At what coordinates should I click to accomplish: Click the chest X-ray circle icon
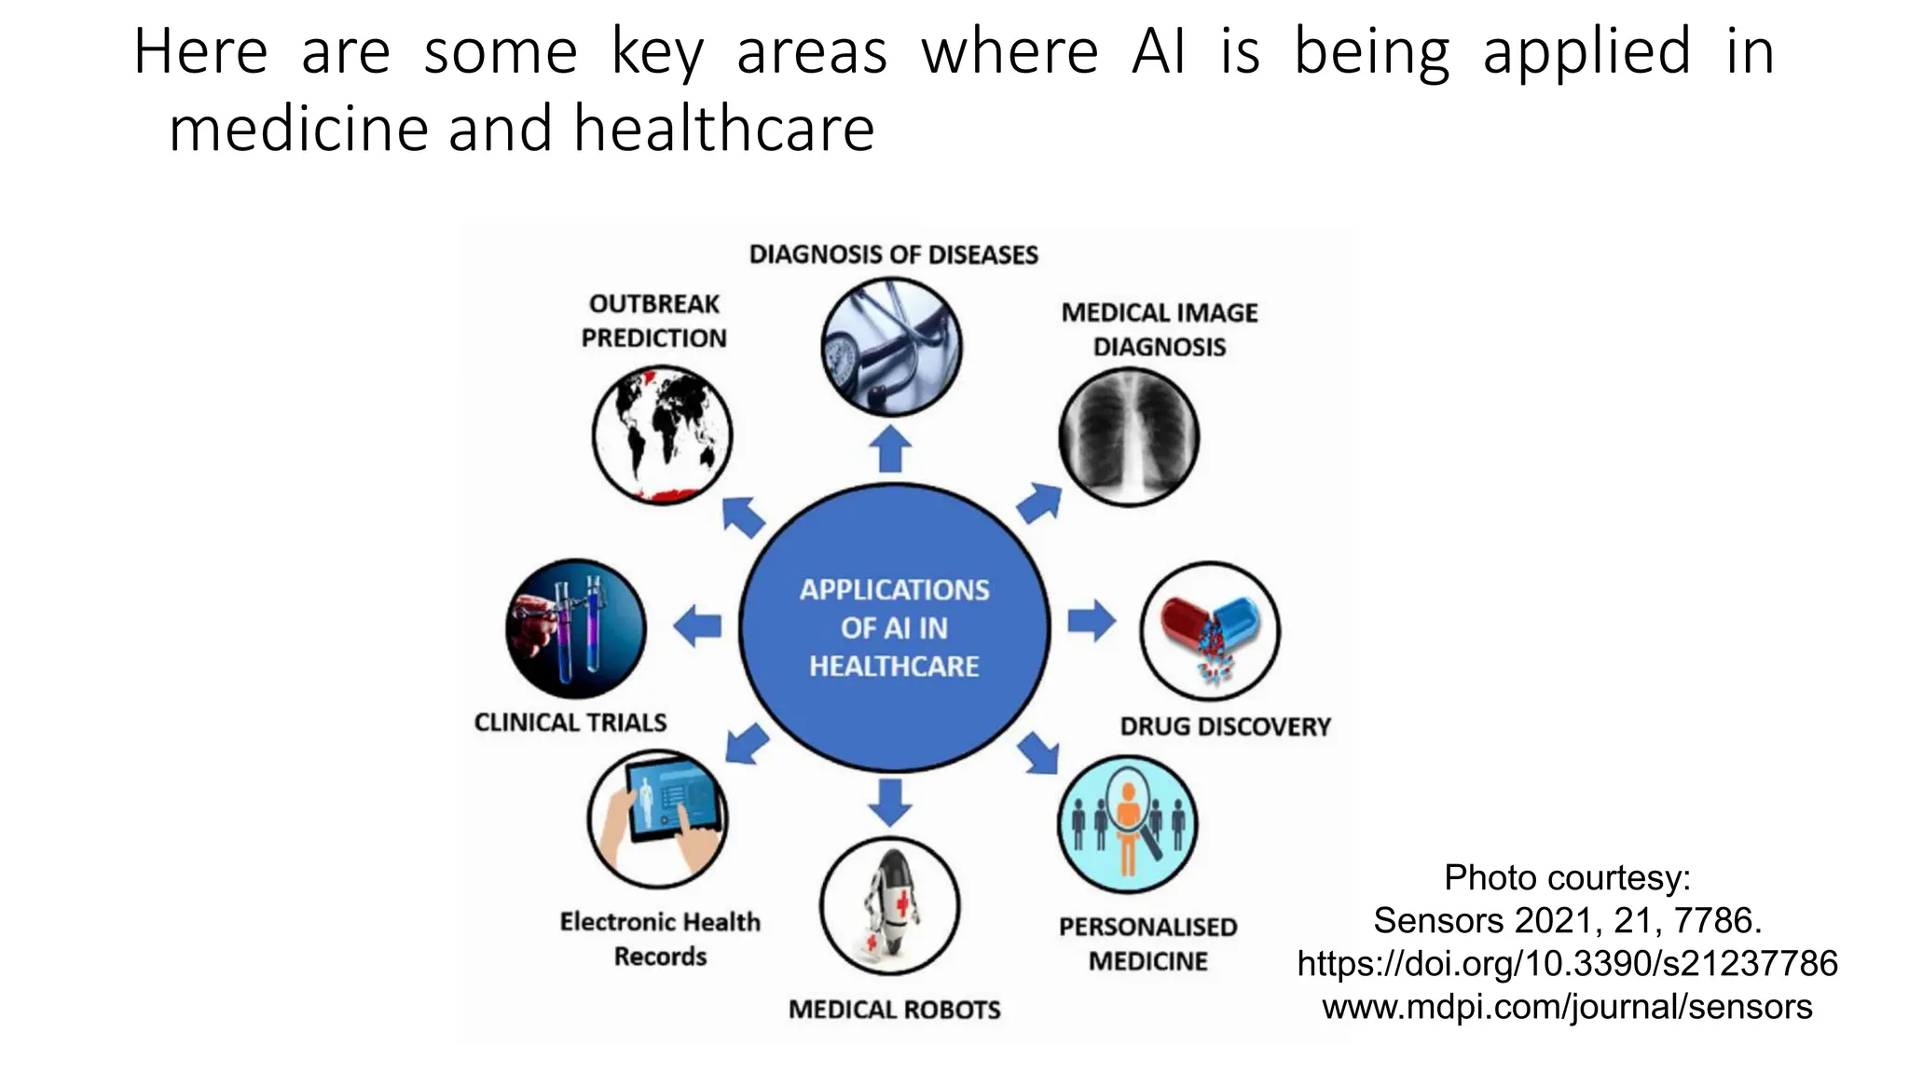click(x=1129, y=436)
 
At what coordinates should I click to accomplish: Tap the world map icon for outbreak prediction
click(x=663, y=435)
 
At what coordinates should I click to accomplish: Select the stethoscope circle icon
click(x=892, y=347)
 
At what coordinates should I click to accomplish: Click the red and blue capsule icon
click(x=1210, y=631)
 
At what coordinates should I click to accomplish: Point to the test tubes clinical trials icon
click(x=575, y=628)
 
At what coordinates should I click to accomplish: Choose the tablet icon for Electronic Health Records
click(x=658, y=818)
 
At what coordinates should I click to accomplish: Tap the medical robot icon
click(x=889, y=905)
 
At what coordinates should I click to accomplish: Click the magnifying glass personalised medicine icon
click(x=1128, y=824)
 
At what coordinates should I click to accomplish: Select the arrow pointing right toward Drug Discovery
click(x=1092, y=621)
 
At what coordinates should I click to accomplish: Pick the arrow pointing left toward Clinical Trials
click(x=697, y=626)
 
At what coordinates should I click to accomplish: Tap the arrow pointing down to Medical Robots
click(x=890, y=802)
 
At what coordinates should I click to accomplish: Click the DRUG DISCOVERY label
click(x=1225, y=726)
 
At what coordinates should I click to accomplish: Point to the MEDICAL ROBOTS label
click(x=894, y=1010)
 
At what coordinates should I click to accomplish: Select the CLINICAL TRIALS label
click(x=570, y=723)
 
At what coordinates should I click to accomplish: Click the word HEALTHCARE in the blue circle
click(x=894, y=667)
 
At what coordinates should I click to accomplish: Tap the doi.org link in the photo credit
click(x=1567, y=963)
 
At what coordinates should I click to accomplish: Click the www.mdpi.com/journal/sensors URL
click(x=1567, y=1007)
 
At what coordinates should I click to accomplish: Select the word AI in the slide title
click(x=1159, y=51)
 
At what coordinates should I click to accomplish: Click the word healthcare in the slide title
click(x=724, y=129)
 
